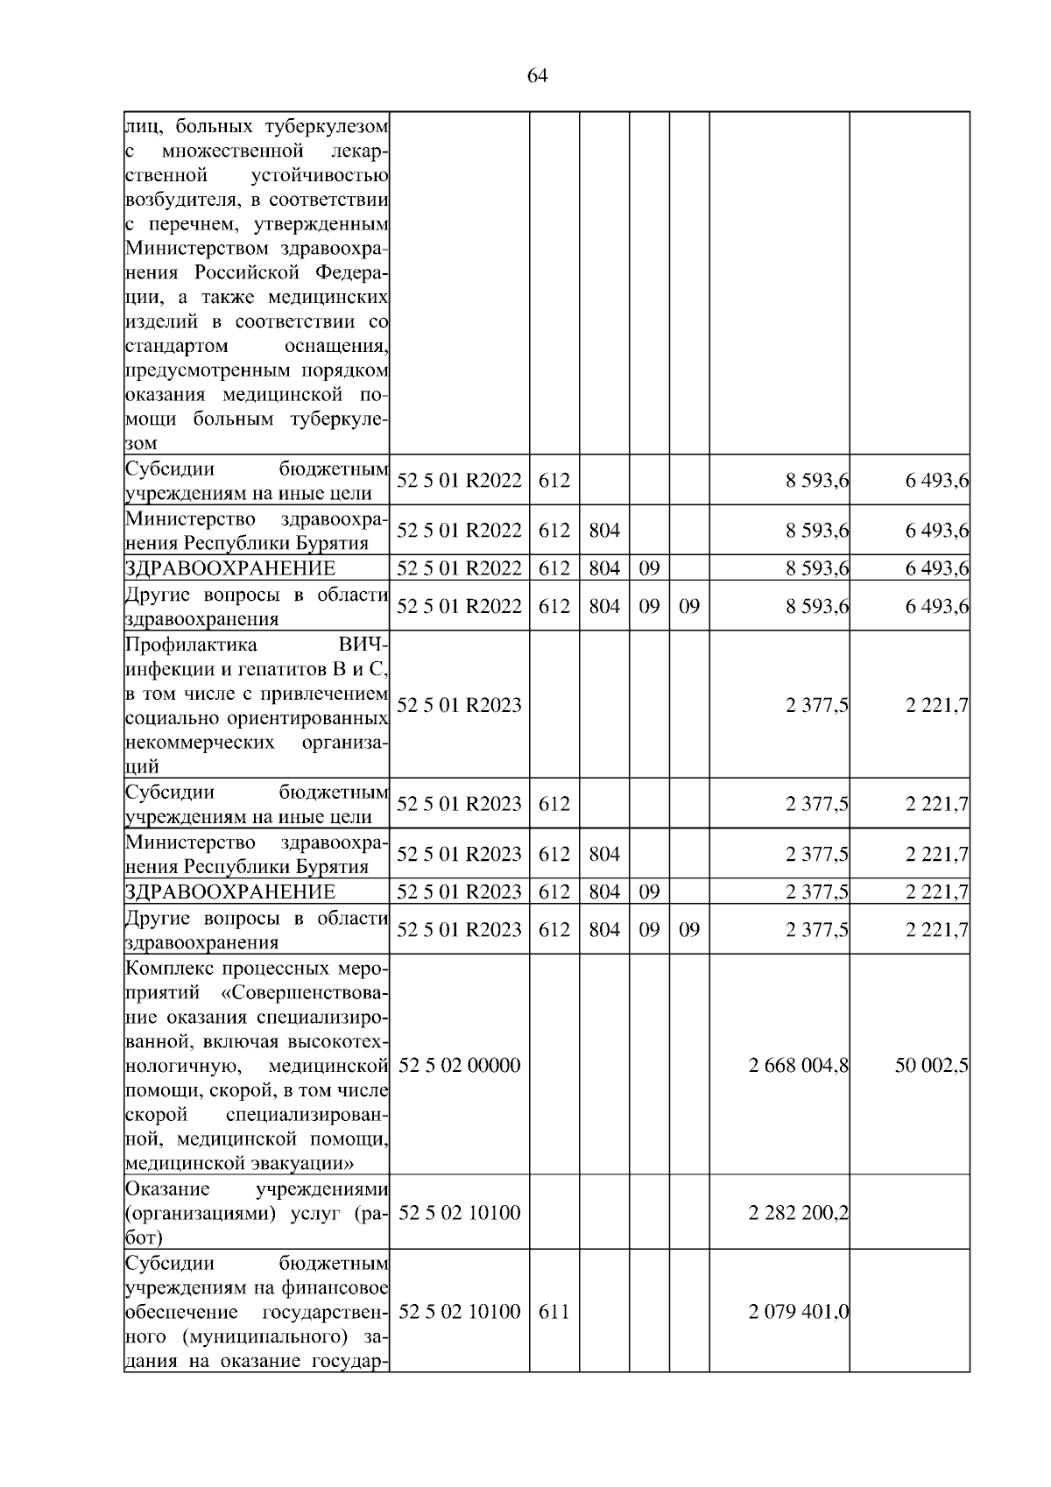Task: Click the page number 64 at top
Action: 537,76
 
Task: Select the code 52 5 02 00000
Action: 459,1066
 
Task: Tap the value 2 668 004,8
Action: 798,1066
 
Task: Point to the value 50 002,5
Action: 931,1066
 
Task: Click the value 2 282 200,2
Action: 798,1213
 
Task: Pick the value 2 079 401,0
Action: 798,1312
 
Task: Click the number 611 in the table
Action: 554,1312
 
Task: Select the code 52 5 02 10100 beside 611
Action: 459,1312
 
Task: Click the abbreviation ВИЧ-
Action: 363,645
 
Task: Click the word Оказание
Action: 167,1189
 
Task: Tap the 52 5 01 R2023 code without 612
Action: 459,705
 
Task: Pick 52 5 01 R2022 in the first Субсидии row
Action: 459,481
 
